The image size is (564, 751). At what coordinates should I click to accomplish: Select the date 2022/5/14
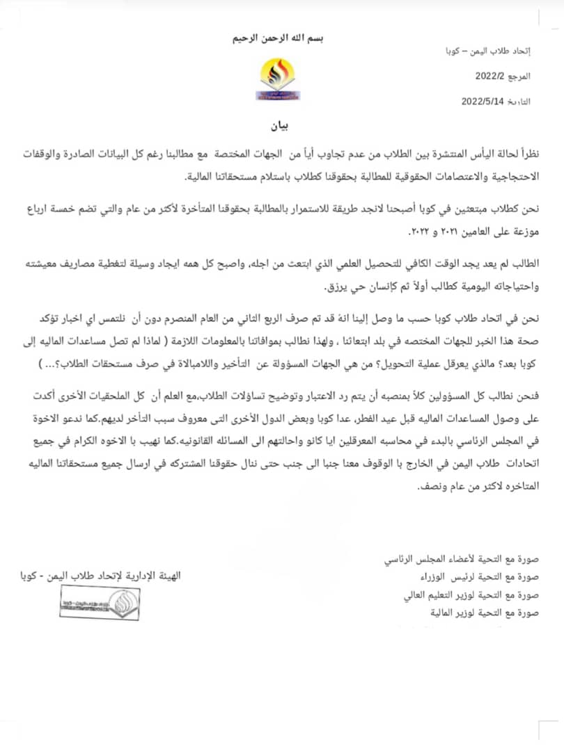coord(483,101)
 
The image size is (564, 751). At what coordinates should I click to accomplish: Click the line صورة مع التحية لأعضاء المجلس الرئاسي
coord(468,559)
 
